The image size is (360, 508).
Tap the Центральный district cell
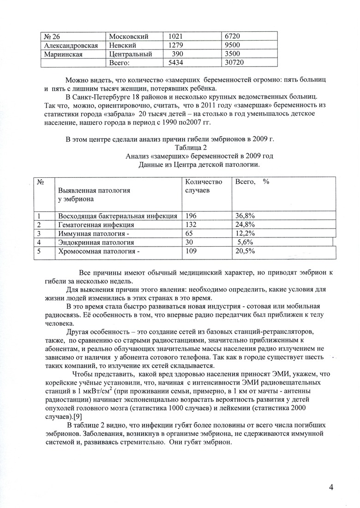click(131, 54)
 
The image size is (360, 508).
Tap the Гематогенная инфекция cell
click(96, 224)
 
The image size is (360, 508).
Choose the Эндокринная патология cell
click(96, 242)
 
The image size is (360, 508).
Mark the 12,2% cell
click(246, 233)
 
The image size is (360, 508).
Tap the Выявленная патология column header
click(94, 194)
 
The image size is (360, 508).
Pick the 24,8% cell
click(246, 224)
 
